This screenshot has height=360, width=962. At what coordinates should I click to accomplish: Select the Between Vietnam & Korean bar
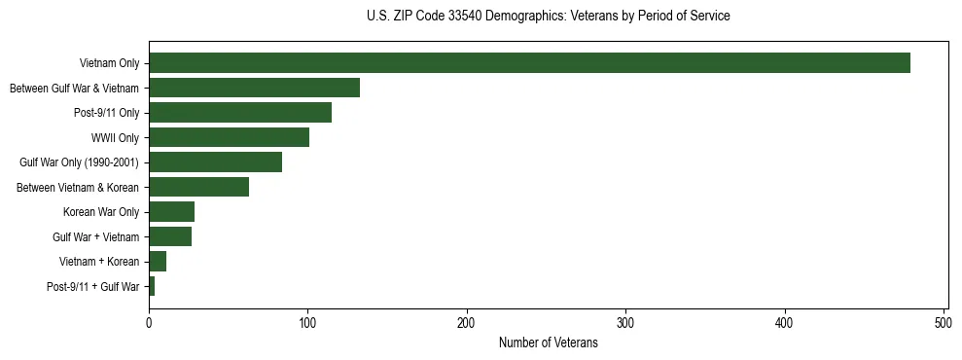(198, 187)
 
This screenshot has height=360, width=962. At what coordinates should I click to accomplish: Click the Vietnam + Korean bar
(158, 262)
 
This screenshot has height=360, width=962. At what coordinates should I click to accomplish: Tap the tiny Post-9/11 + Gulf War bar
(152, 286)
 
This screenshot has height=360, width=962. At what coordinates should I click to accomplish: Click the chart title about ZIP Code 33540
(548, 17)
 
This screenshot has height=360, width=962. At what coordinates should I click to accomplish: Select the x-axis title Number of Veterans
(548, 342)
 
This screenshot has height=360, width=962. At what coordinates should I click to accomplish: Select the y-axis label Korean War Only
(101, 212)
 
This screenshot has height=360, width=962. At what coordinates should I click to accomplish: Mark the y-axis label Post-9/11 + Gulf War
(93, 287)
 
